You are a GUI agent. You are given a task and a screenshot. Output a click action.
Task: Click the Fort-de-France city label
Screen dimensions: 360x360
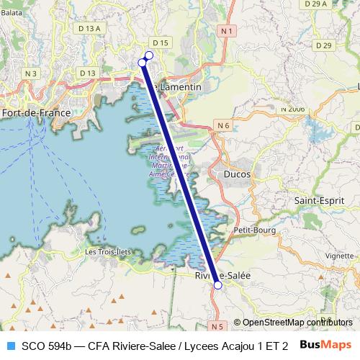coord(35,113)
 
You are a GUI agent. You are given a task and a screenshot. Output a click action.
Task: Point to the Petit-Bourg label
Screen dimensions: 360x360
coord(251,230)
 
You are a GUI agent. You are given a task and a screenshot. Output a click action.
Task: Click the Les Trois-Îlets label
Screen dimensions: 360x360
coord(109,252)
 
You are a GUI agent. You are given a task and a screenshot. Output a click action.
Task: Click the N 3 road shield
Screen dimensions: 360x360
coord(30,73)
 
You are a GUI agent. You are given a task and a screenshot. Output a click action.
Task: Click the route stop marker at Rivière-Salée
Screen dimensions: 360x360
coord(217,284)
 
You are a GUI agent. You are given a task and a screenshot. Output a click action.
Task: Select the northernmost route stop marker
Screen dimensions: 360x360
coord(149,55)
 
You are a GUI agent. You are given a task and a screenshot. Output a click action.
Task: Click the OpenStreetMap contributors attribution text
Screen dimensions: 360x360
coord(297,323)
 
